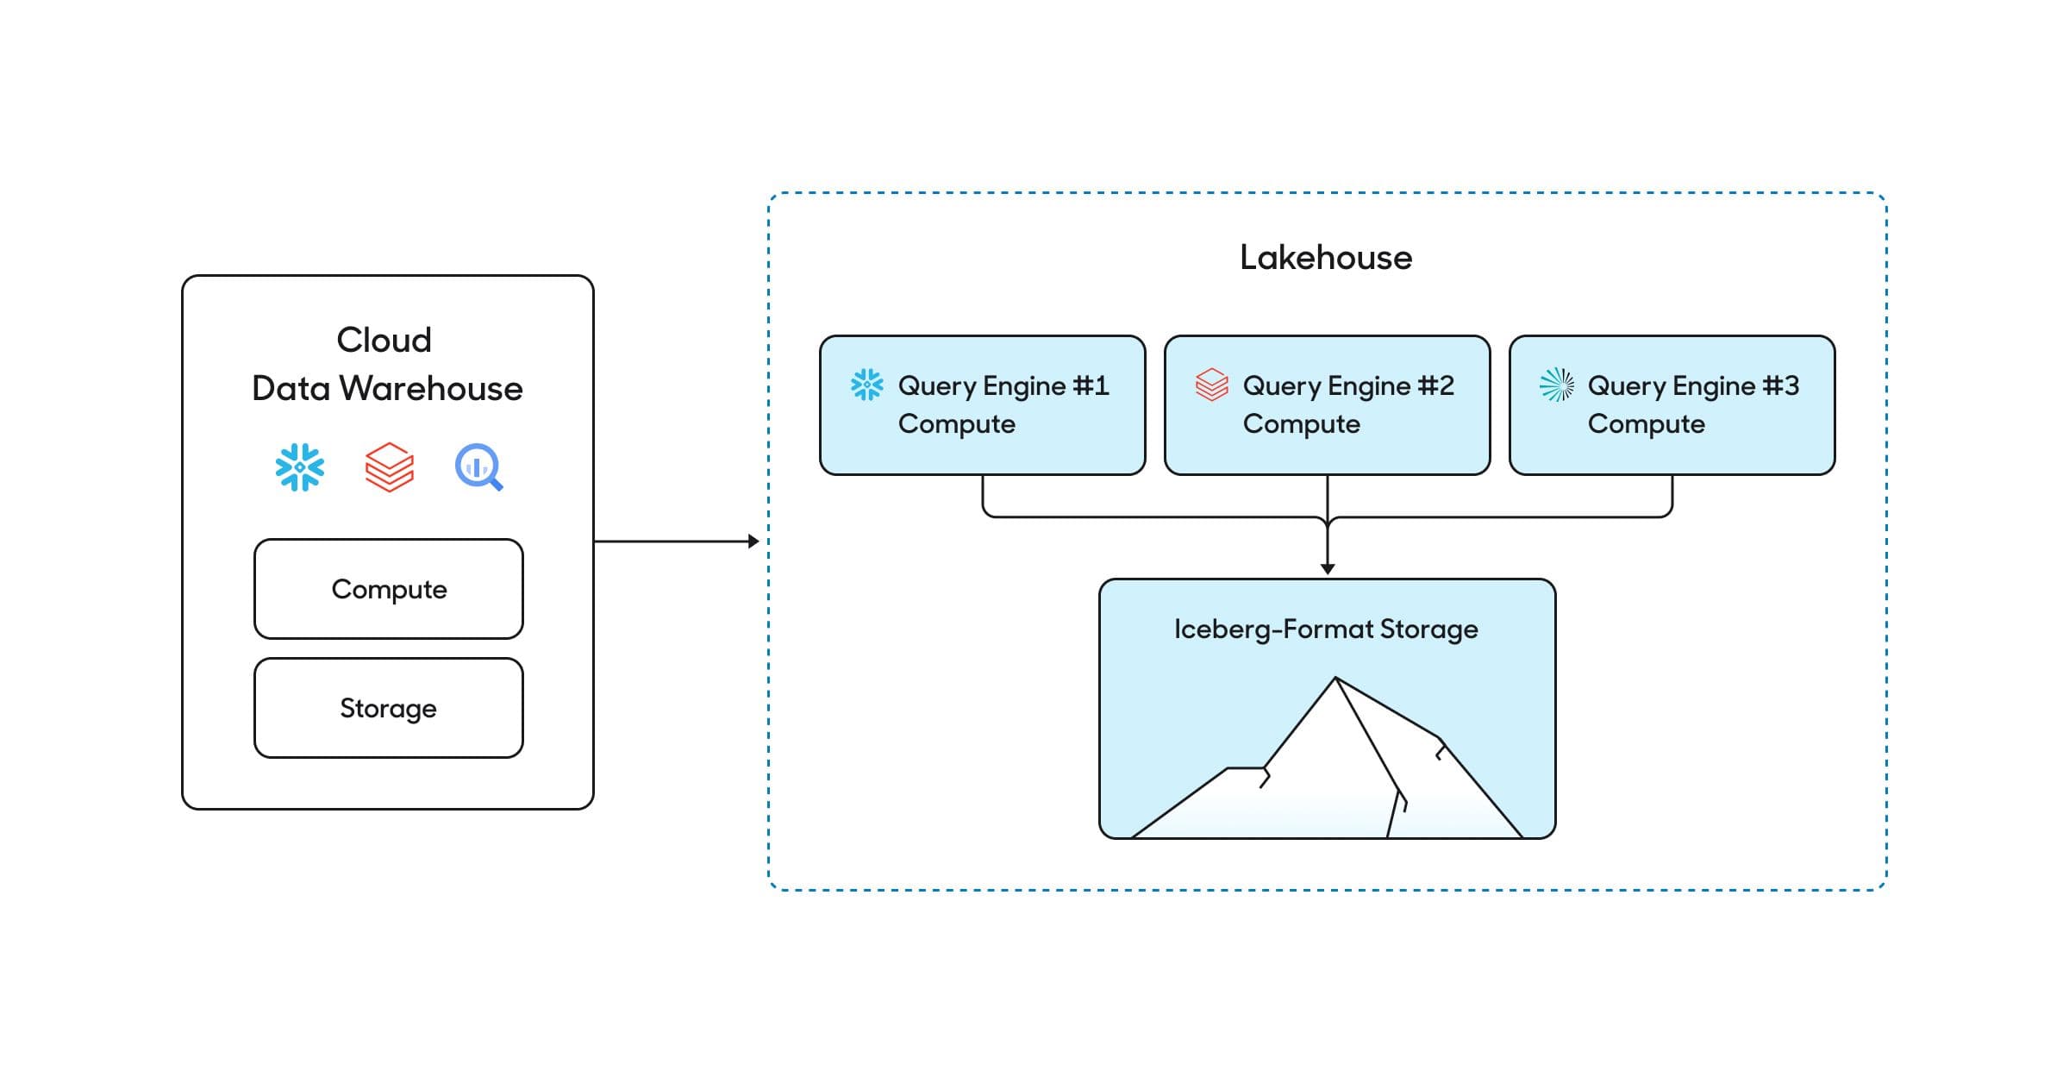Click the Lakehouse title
coord(1326,258)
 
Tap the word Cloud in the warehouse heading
coord(384,341)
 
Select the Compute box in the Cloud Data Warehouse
coord(389,589)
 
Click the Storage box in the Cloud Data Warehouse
coord(389,708)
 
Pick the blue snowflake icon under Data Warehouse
coord(300,467)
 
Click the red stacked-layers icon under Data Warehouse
coord(390,467)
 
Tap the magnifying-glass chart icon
coord(478,467)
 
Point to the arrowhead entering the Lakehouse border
coord(753,541)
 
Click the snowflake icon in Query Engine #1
coord(867,385)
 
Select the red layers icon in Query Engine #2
coord(1212,385)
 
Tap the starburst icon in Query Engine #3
coord(1557,385)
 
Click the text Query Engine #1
coord(1003,386)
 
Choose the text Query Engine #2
coord(1348,386)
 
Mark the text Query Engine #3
coord(1693,386)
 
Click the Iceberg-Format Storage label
coord(1326,629)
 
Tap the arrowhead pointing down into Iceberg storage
coord(1328,568)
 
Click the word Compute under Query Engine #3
coord(1647,424)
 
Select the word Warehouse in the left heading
coord(431,389)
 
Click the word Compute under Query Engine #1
coord(957,424)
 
